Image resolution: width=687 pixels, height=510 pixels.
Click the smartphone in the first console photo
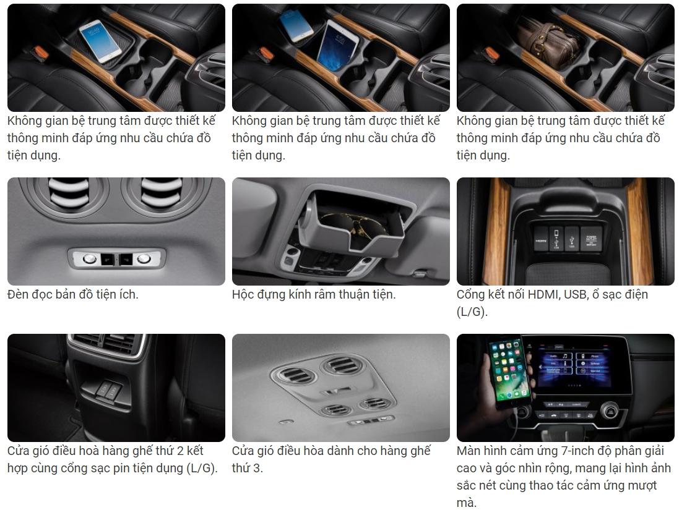[100, 40]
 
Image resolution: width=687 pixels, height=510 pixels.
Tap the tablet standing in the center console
[338, 46]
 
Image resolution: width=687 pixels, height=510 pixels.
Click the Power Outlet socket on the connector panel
[592, 240]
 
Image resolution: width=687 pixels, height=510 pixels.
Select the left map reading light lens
[89, 259]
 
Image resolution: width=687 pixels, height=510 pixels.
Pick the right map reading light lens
[144, 259]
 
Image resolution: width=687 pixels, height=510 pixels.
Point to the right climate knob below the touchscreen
[610, 411]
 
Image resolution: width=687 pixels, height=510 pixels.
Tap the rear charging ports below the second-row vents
[108, 389]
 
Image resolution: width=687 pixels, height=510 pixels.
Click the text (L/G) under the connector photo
[472, 312]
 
